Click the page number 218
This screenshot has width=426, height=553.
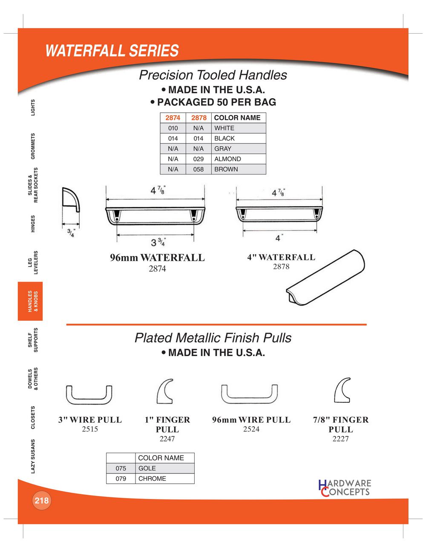tap(42, 500)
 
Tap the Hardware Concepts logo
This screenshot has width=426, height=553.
tap(345, 487)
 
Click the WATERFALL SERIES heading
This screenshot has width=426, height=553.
tap(112, 51)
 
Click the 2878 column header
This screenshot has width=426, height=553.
tap(199, 118)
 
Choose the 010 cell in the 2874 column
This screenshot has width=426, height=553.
tap(173, 128)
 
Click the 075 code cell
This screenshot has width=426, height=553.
tap(121, 468)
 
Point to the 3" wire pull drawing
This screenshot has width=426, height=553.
tap(89, 395)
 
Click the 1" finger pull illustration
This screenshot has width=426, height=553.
tap(165, 391)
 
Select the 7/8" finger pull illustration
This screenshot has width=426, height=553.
tap(342, 390)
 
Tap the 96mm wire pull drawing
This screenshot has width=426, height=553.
tap(249, 394)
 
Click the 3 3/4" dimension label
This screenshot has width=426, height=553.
tap(158, 243)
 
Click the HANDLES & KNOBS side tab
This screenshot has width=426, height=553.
tap(31, 301)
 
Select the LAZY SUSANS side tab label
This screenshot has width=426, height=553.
tap(33, 456)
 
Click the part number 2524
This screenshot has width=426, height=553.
tap(251, 429)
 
